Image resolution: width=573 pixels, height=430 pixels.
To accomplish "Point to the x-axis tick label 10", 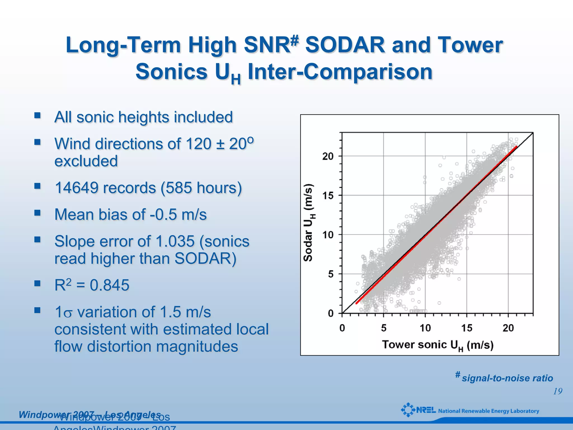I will [425, 328].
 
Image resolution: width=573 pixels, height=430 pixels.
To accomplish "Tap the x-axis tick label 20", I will [508, 328].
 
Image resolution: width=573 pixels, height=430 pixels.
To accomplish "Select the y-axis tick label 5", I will [331, 274].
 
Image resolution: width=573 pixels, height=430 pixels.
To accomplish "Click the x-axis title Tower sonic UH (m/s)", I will [438, 345].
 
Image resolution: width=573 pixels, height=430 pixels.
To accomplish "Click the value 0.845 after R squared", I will [109, 285].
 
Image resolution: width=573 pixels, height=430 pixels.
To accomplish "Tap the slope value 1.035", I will [175, 241].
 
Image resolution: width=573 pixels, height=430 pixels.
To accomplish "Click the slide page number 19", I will [558, 391].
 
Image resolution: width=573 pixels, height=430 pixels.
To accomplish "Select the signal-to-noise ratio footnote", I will [507, 378].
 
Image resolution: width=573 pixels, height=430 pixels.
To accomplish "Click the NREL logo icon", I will [408, 410].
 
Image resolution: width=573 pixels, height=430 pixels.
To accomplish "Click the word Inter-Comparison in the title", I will [340, 72].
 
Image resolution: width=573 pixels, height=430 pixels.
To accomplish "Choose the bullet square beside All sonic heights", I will [37, 115].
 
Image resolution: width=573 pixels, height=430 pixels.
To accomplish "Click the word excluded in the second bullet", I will [86, 161].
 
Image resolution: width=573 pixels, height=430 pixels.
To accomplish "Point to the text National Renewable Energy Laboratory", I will [488, 411].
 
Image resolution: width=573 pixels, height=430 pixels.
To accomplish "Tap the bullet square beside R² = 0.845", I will [37, 283].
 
